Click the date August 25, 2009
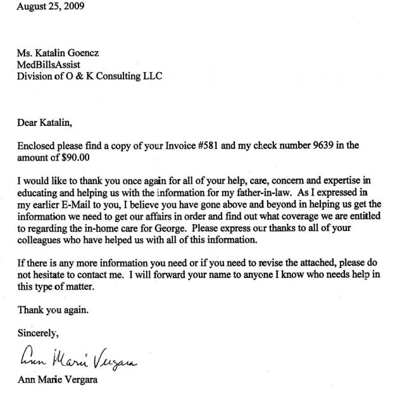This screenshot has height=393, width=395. [46, 7]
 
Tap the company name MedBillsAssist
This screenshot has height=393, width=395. [49, 65]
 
